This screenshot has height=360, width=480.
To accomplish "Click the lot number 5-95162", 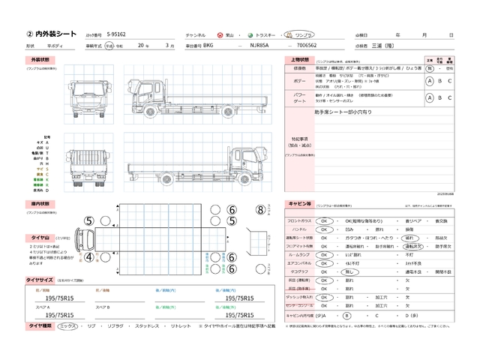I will click(117, 34).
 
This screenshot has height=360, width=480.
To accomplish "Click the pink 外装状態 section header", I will click(39, 59).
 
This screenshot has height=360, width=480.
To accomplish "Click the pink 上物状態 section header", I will click(300, 59).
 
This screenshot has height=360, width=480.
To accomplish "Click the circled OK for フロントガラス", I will click(325, 220).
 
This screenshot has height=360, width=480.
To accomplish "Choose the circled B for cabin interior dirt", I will click(346, 316).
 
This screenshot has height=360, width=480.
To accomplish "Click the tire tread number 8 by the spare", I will click(259, 210).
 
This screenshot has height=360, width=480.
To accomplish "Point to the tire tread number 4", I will click(88, 257).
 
